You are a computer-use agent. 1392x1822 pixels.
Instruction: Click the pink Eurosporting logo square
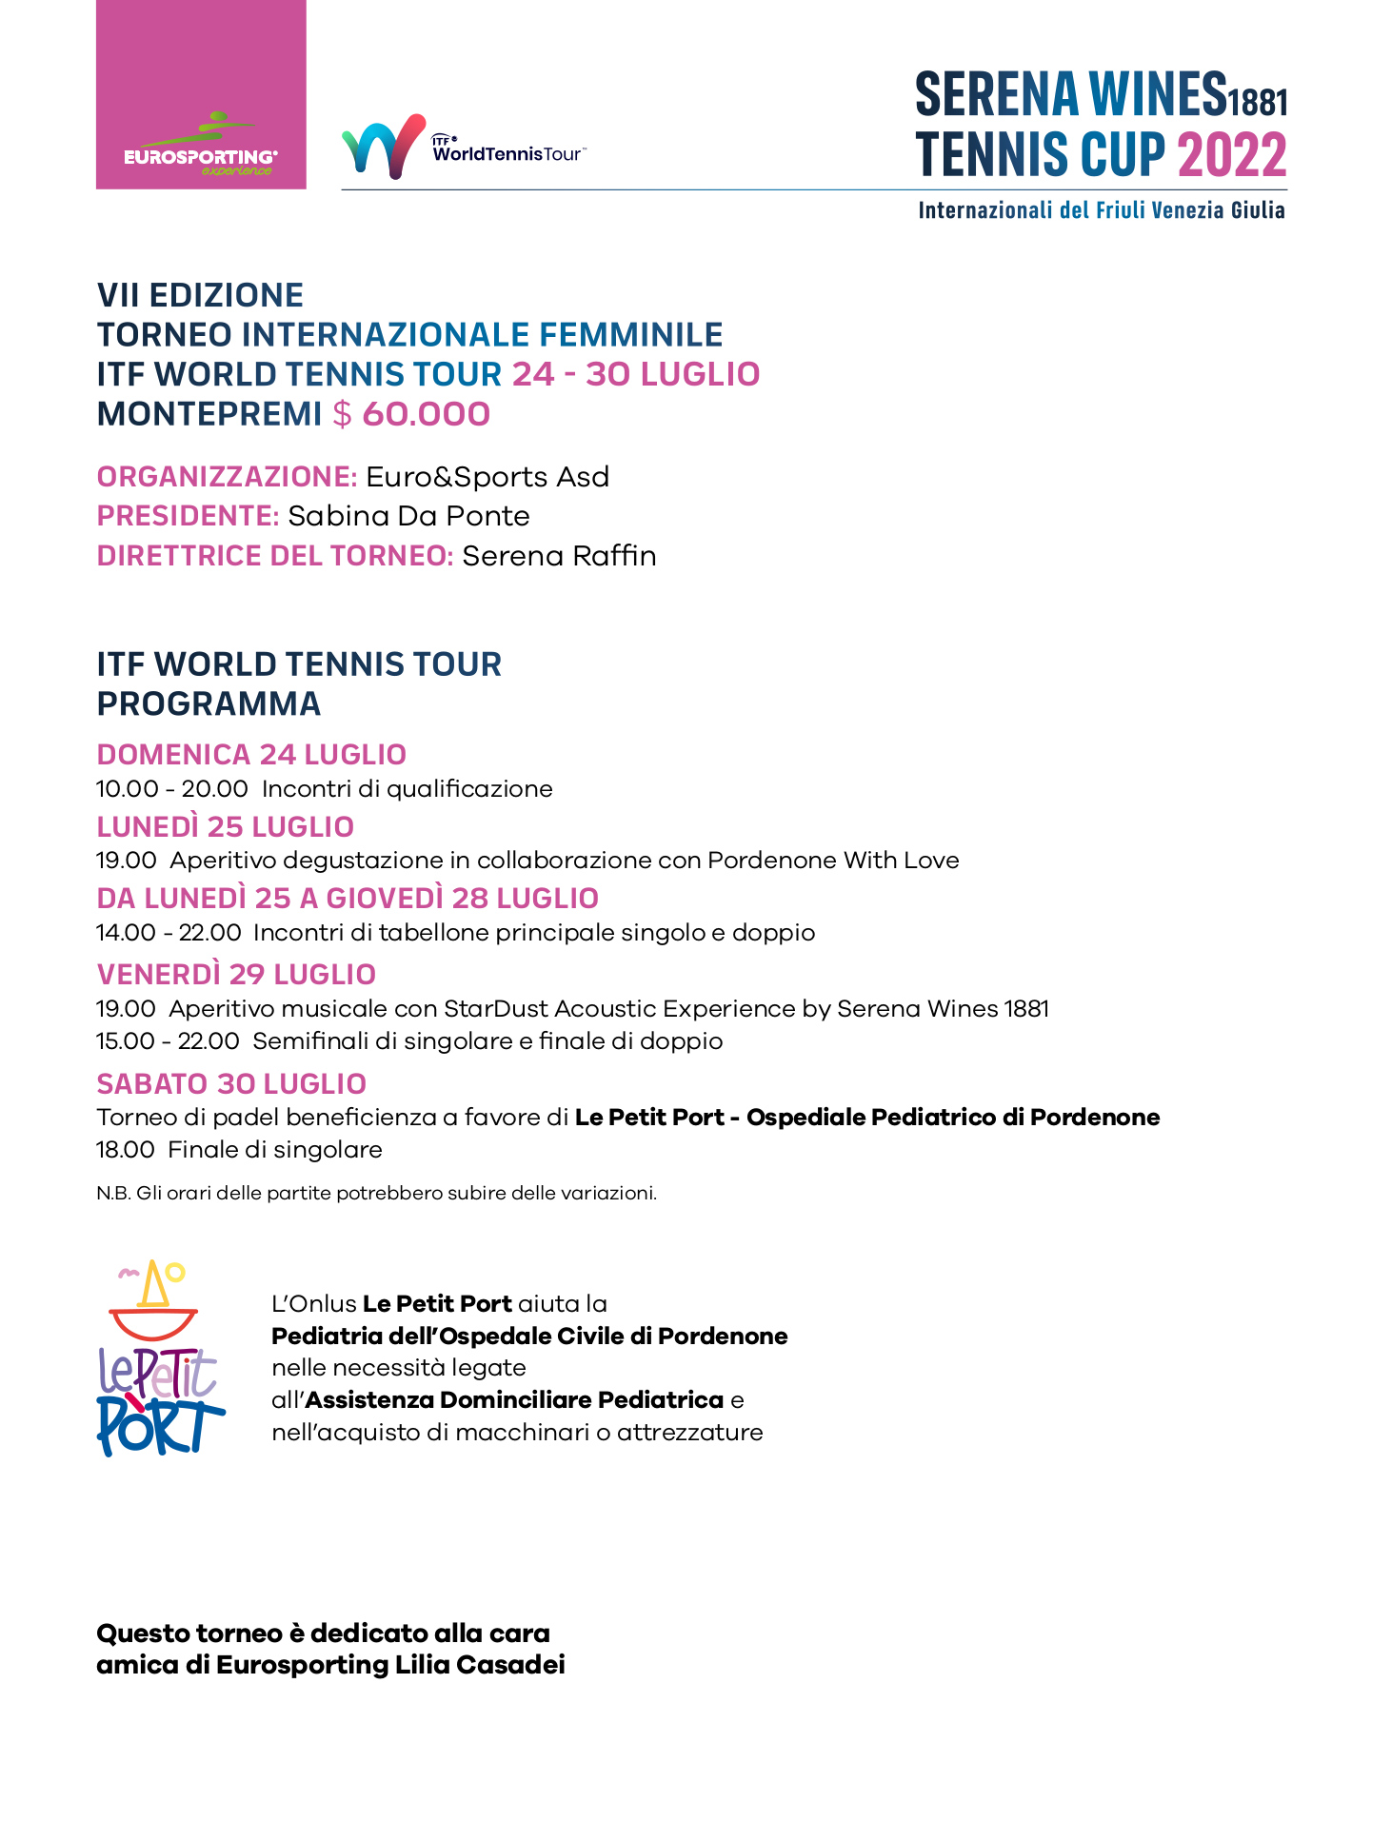(201, 95)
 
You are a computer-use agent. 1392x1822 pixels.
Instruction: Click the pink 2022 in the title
(1232, 155)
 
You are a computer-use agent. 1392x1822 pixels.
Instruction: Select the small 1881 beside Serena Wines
(1258, 101)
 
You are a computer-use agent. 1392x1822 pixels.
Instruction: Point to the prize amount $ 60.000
(411, 414)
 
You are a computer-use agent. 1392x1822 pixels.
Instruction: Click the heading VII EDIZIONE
(200, 295)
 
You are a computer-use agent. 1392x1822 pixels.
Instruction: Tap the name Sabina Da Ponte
(408, 516)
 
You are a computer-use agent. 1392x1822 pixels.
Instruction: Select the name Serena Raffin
(559, 556)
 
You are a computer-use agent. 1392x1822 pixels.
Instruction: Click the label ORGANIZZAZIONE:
(227, 476)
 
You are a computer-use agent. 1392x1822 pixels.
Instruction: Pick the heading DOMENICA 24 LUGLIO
(251, 754)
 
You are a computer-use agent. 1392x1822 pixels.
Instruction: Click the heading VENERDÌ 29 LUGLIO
(236, 974)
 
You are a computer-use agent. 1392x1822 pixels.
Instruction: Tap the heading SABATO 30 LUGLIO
(231, 1083)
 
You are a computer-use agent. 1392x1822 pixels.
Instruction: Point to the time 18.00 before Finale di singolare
(125, 1150)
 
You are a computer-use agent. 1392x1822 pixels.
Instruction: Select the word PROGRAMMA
(209, 703)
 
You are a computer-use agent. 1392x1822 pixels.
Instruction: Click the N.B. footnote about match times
(376, 1193)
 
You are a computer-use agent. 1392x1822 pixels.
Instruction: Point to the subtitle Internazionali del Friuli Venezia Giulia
(1102, 210)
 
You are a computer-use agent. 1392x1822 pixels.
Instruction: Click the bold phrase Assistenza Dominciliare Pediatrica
(514, 1400)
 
